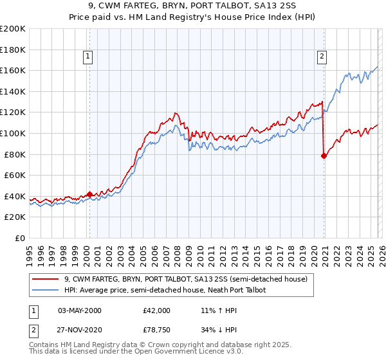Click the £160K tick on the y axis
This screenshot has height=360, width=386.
(x=14, y=70)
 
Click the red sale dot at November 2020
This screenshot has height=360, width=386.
(x=324, y=155)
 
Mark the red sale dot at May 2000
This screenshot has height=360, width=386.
(x=90, y=194)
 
